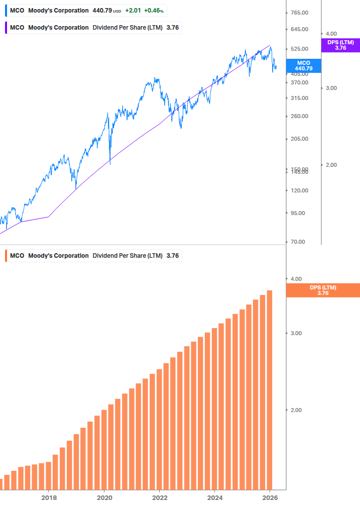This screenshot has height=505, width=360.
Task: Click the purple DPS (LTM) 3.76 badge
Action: pos(340,45)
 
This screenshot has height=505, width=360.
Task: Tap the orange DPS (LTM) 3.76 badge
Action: pos(323,290)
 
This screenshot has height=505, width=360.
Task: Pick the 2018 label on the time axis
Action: pos(49,497)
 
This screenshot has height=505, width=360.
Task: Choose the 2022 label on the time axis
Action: pos(159,497)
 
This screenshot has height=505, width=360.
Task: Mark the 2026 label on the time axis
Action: pos(270,497)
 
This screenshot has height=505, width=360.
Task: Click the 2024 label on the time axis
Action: pos(214,497)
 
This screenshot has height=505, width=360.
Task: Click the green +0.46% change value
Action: pos(154,11)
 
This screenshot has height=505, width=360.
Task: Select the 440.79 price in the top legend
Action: pos(102,11)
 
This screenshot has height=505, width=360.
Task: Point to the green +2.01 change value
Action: pos(133,11)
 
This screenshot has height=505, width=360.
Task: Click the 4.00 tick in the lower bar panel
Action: pos(296,279)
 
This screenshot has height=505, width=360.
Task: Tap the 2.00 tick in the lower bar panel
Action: pos(296,410)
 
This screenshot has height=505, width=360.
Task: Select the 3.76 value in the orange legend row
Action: pos(172,256)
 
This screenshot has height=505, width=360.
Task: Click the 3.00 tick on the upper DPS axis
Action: pos(331,88)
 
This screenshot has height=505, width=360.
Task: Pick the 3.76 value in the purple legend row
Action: pos(172,28)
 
